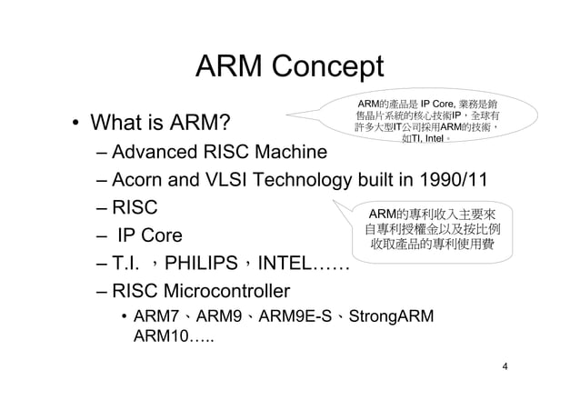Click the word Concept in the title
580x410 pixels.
click(x=328, y=68)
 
